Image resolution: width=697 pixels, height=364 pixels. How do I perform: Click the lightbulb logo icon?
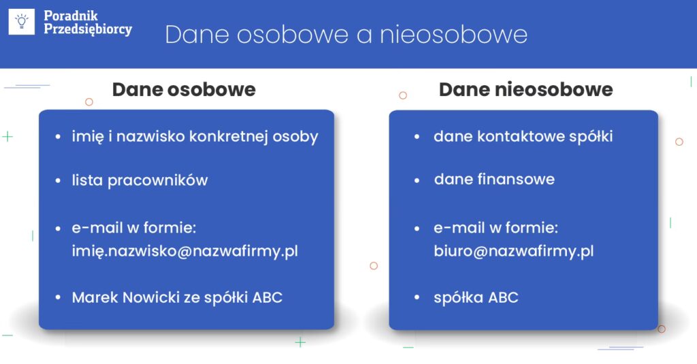pyautogui.click(x=21, y=21)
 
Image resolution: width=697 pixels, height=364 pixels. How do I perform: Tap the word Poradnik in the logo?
pyautogui.click(x=71, y=16)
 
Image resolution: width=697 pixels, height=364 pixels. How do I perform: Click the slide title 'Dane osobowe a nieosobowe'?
pyautogui.click(x=346, y=34)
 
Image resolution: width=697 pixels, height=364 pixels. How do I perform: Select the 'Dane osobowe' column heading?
pyautogui.click(x=184, y=89)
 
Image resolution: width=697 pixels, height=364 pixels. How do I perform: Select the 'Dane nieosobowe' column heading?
pyautogui.click(x=526, y=89)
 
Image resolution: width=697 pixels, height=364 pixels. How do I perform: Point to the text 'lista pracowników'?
pyautogui.click(x=140, y=180)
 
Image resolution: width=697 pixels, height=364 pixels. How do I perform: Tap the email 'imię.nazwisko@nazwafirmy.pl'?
pyautogui.click(x=185, y=251)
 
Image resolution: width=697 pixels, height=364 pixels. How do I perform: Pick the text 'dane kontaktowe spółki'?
pyautogui.click(x=523, y=137)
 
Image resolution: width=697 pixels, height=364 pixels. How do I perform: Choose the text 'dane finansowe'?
pyautogui.click(x=494, y=179)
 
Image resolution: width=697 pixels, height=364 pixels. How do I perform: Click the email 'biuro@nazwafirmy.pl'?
pyautogui.click(x=514, y=251)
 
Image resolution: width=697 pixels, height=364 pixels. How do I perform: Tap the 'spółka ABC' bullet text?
pyautogui.click(x=476, y=297)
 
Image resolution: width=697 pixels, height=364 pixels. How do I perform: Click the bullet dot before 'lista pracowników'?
pyautogui.click(x=58, y=181)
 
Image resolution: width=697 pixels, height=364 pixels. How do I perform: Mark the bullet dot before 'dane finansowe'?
pyautogui.click(x=417, y=180)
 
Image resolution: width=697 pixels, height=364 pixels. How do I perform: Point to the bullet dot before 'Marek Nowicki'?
pyautogui.click(x=58, y=298)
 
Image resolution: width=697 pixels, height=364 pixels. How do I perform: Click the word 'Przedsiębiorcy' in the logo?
pyautogui.click(x=88, y=29)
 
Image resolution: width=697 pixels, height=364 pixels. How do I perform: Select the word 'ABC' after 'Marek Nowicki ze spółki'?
pyautogui.click(x=267, y=297)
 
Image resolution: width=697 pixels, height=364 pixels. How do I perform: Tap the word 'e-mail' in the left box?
pyautogui.click(x=97, y=227)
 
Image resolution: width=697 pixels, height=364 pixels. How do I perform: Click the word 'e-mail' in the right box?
pyautogui.click(x=459, y=227)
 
